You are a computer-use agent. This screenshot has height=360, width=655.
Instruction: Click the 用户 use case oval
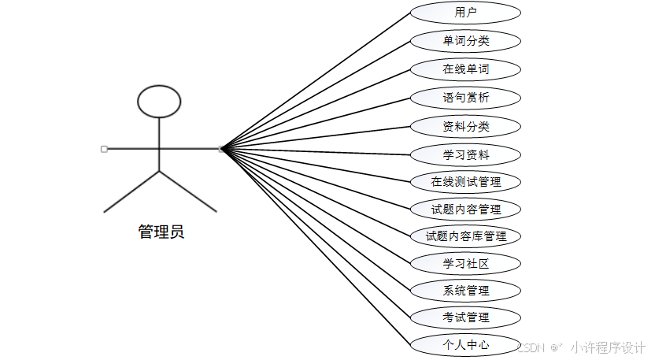(x=465, y=13)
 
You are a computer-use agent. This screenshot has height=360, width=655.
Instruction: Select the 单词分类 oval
(x=465, y=41)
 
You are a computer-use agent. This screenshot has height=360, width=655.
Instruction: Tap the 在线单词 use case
(x=465, y=69)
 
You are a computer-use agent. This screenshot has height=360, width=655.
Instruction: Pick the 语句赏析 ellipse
(x=465, y=98)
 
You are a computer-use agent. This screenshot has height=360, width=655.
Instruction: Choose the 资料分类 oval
(x=465, y=126)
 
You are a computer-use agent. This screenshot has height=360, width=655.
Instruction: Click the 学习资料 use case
(x=465, y=155)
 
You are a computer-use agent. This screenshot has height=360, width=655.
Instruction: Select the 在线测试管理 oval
(x=465, y=182)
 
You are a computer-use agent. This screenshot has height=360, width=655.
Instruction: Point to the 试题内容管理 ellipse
(x=465, y=210)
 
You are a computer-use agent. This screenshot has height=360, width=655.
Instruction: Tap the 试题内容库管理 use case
(x=465, y=236)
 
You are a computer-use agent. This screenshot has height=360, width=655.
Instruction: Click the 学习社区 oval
(x=465, y=263)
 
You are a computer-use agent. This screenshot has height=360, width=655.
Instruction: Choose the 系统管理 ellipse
(x=465, y=291)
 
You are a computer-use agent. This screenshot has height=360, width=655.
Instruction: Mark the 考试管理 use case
(x=465, y=317)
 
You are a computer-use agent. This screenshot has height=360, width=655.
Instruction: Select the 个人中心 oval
(x=465, y=344)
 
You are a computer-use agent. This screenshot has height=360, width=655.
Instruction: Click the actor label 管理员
(x=161, y=232)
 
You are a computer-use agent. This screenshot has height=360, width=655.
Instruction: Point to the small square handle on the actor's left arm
(x=104, y=148)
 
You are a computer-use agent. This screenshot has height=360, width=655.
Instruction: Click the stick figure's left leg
(x=131, y=191)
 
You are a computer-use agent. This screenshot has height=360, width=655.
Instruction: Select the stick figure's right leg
(x=188, y=191)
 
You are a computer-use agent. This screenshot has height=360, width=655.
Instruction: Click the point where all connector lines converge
(x=223, y=148)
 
